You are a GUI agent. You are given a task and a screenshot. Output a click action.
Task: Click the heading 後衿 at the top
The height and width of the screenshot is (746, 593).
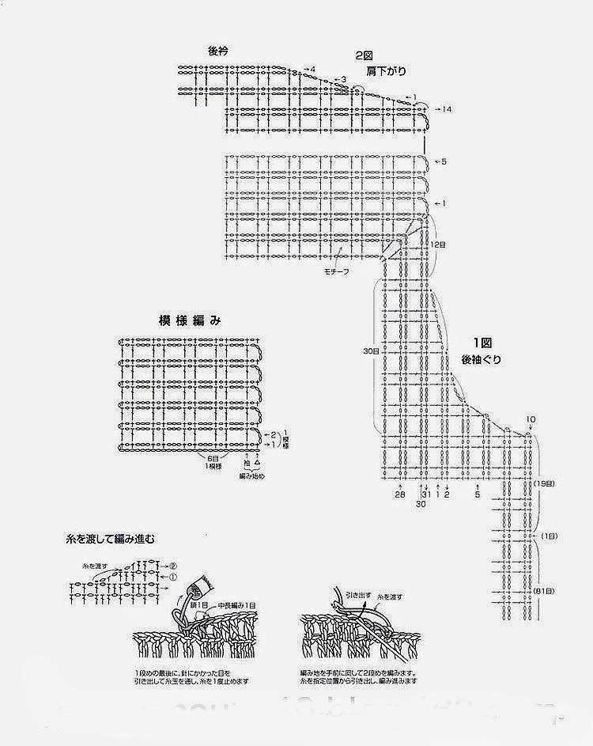(x=217, y=51)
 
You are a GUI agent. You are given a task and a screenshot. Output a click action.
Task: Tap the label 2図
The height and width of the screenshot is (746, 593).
(x=364, y=55)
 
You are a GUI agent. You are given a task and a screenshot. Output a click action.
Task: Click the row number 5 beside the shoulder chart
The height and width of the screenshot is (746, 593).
(x=444, y=161)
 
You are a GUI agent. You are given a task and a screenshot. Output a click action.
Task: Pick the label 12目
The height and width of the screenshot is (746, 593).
(x=438, y=244)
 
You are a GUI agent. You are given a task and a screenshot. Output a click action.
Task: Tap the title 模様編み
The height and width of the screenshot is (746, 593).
(x=189, y=320)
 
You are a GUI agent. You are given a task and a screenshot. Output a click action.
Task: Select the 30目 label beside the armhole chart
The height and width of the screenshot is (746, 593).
(x=370, y=349)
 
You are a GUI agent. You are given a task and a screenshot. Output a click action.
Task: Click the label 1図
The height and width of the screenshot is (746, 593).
(x=483, y=343)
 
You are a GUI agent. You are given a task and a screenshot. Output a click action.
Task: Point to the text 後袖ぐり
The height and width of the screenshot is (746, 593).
(x=483, y=359)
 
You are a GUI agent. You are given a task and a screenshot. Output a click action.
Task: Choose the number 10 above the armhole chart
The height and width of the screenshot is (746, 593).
(x=530, y=419)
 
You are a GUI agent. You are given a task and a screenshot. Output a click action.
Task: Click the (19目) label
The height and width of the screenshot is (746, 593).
(x=543, y=483)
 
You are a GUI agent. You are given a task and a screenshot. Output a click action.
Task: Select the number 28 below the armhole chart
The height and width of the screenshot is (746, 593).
(x=400, y=494)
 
